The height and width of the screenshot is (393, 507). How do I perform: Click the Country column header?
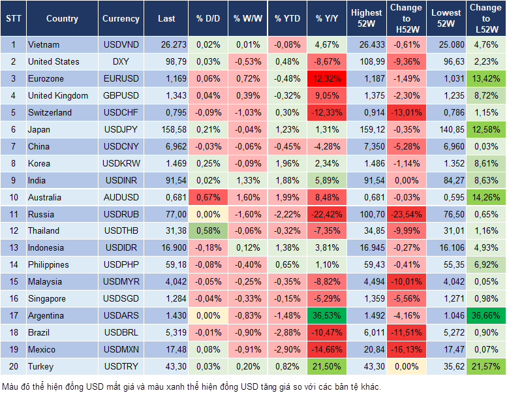(x=62, y=19)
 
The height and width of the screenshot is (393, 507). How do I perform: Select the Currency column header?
(x=121, y=19)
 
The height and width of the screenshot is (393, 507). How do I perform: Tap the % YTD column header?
(x=287, y=19)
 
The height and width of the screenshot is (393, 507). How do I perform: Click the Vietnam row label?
(x=44, y=45)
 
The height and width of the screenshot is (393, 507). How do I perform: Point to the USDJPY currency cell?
(x=121, y=129)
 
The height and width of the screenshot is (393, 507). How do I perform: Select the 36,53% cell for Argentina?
(x=326, y=315)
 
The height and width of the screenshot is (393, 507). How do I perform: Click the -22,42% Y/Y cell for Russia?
(x=326, y=214)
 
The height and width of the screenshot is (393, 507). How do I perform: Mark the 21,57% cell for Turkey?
(x=486, y=366)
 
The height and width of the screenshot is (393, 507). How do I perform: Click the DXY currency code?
(x=121, y=61)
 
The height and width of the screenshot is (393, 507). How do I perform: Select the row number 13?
(x=13, y=247)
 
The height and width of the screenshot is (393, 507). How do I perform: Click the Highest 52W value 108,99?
(x=366, y=61)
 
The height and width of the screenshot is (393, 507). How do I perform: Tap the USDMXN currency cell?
(x=121, y=349)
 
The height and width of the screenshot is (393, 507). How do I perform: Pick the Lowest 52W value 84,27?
(x=446, y=180)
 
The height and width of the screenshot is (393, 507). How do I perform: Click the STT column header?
(x=13, y=19)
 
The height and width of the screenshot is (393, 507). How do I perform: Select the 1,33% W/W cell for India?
(x=247, y=180)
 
